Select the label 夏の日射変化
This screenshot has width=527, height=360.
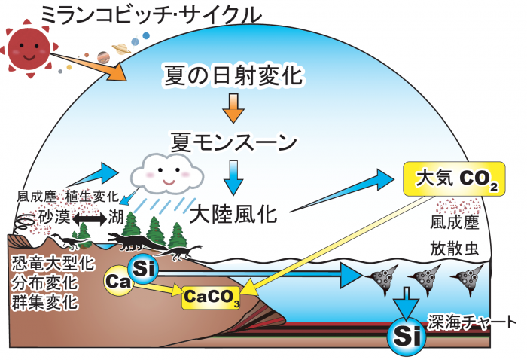232,75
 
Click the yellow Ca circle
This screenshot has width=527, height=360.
119,282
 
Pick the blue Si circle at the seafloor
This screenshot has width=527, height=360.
404,331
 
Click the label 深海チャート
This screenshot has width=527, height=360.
472,322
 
